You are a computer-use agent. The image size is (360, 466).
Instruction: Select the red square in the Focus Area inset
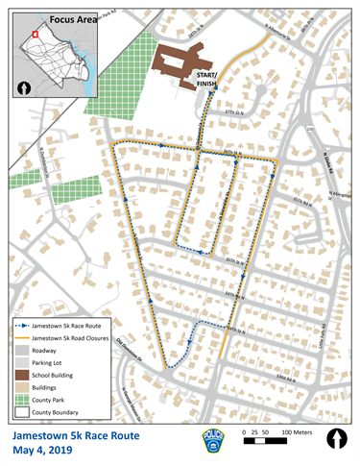point(35,34)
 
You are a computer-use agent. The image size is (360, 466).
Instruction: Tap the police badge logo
point(210,443)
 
